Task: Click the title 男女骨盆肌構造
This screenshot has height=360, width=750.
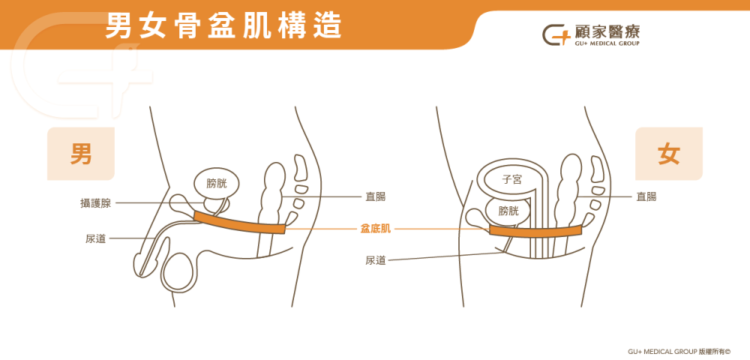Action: tap(223, 25)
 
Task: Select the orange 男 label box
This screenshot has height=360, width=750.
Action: tap(81, 154)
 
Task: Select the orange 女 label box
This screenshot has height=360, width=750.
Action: tap(668, 154)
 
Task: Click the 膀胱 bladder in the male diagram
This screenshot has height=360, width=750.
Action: tap(216, 183)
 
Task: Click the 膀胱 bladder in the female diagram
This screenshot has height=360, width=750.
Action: tap(508, 211)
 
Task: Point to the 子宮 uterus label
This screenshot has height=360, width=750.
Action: tap(512, 180)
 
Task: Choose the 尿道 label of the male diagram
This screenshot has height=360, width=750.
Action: tap(95, 238)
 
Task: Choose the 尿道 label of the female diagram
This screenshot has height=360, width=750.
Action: tap(376, 260)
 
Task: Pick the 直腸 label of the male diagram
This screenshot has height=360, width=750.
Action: tap(376, 197)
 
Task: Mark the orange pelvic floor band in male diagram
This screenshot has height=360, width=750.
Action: tap(239, 223)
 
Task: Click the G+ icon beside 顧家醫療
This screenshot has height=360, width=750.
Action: tap(556, 34)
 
